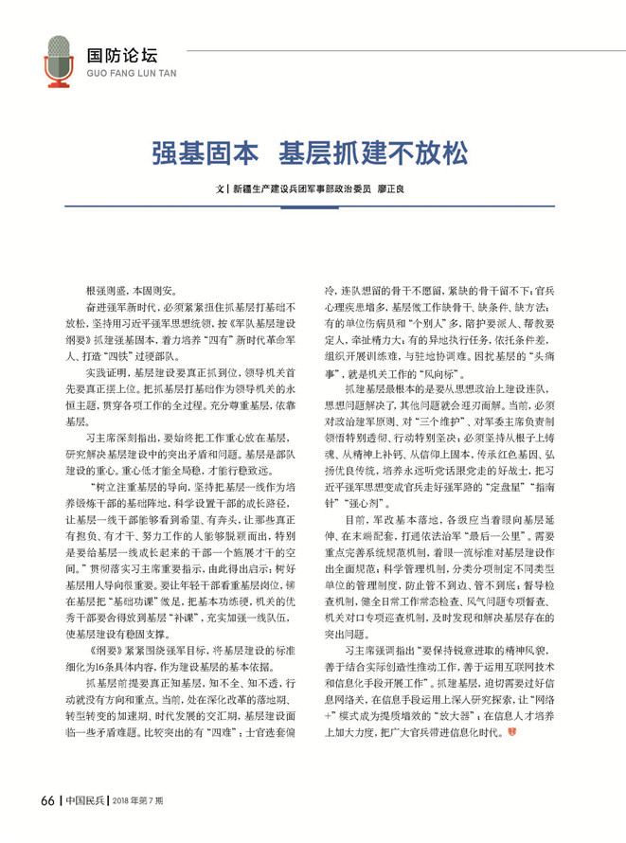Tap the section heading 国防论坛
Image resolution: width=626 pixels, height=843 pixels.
[116, 54]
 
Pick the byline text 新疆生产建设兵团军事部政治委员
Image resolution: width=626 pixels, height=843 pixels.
[301, 189]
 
